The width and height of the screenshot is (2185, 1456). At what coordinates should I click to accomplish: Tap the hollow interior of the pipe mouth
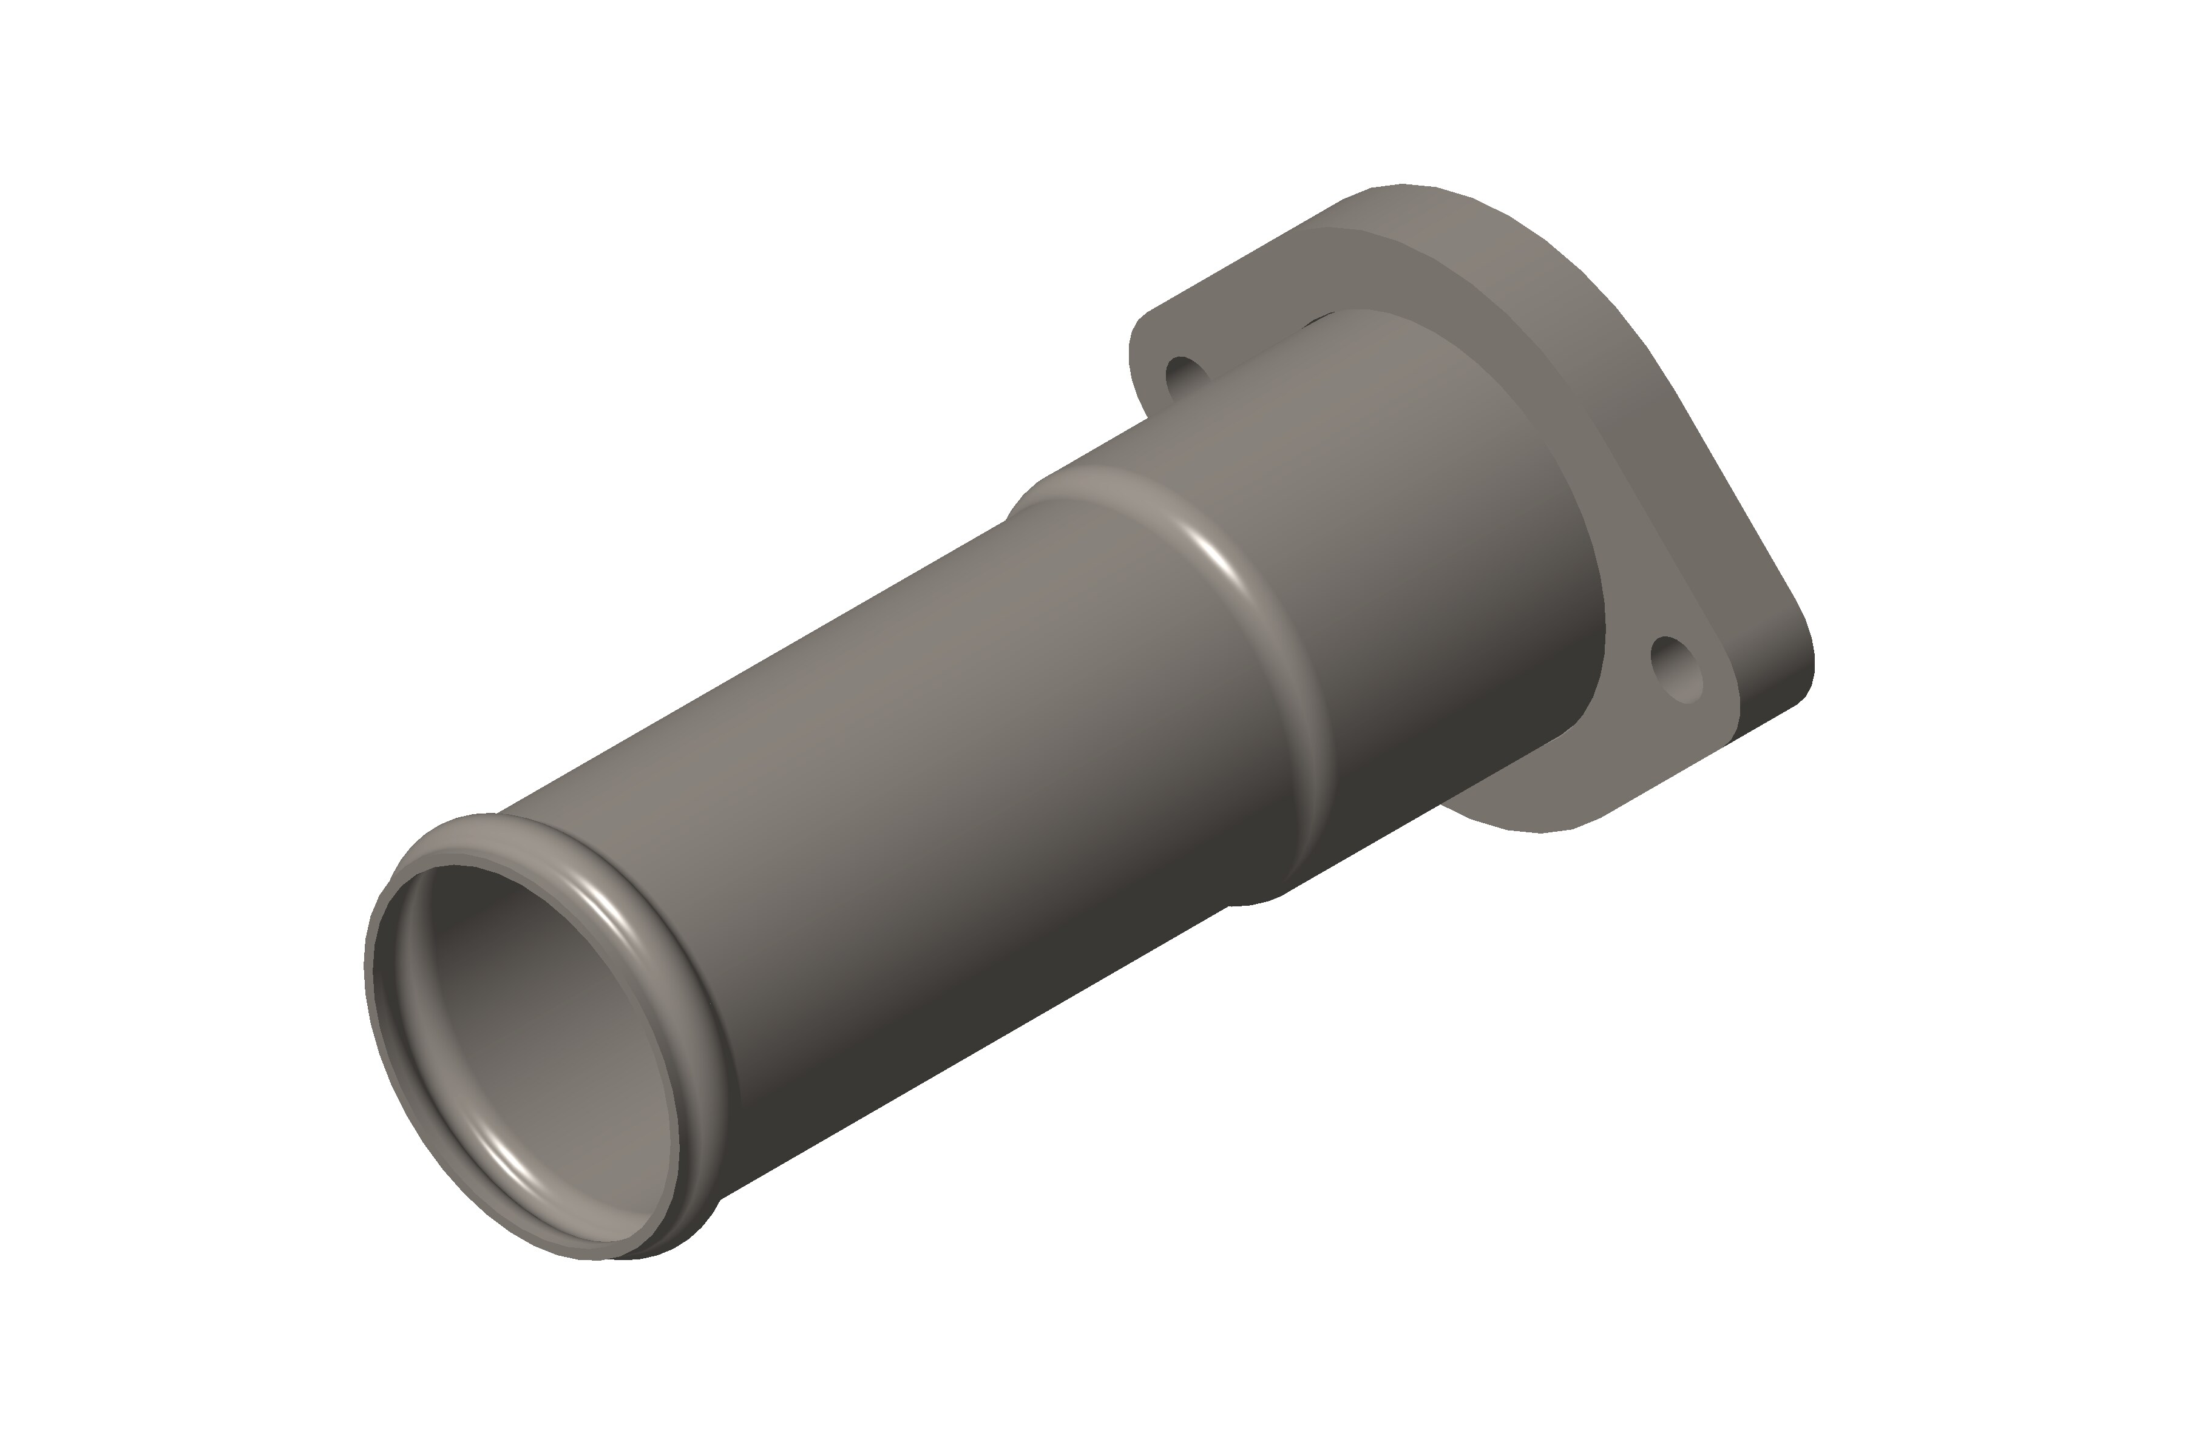pyautogui.click(x=539, y=1040)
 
